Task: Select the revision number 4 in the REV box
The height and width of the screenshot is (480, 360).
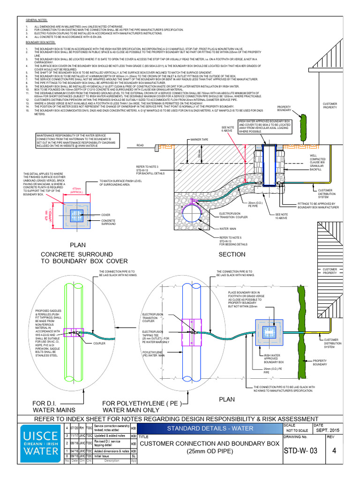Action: pos(334,451)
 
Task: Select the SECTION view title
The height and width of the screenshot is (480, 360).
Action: pos(232,255)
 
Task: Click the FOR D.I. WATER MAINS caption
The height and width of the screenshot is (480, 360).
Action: pos(52,407)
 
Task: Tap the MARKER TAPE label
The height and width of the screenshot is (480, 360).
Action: pos(199,140)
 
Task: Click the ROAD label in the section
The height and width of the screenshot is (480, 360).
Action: pos(140,146)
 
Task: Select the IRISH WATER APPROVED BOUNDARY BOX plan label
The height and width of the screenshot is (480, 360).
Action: pos(274,359)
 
